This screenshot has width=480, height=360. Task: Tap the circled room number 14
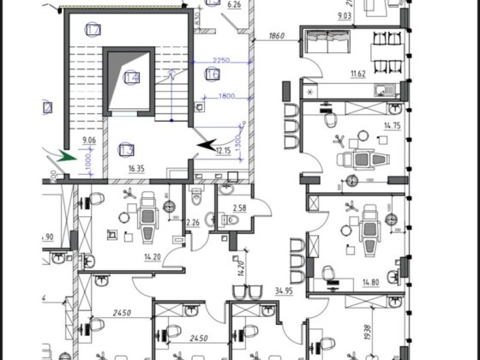pos(131,78)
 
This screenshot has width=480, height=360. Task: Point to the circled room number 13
pos(124,147)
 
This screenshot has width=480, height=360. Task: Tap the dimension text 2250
pos(220,60)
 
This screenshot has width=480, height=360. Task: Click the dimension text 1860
pos(276,37)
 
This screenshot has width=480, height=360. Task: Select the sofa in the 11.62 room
pos(328,42)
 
